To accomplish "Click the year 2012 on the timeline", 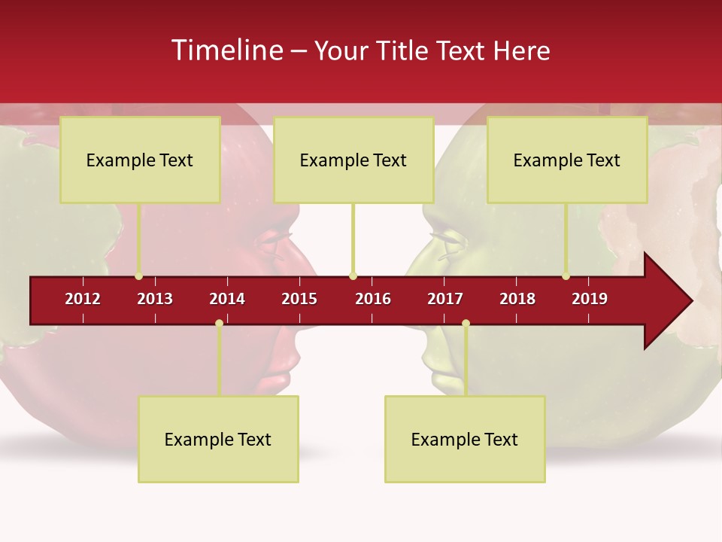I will tap(83, 299).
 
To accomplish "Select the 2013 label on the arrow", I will tap(155, 299).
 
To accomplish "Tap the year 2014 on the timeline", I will tap(227, 299).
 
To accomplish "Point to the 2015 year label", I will tap(299, 299).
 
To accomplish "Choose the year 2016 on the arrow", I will tap(373, 299).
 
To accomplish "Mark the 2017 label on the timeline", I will tap(445, 299).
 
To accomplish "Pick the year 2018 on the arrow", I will tap(517, 299).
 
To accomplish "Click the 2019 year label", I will tap(590, 299).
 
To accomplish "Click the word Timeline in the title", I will tap(226, 50).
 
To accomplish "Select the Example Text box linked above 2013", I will tap(140, 160).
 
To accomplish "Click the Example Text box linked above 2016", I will tap(353, 160).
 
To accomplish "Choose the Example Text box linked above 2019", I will tap(567, 160).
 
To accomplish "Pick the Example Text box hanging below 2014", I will tap(218, 439).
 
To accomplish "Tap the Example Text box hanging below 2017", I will tap(465, 439).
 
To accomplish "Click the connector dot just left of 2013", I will tap(138, 276).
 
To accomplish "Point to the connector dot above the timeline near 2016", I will tap(353, 276).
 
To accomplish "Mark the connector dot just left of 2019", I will tap(566, 276).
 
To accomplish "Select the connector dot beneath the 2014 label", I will tap(219, 324).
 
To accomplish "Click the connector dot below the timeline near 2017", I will tap(466, 324).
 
